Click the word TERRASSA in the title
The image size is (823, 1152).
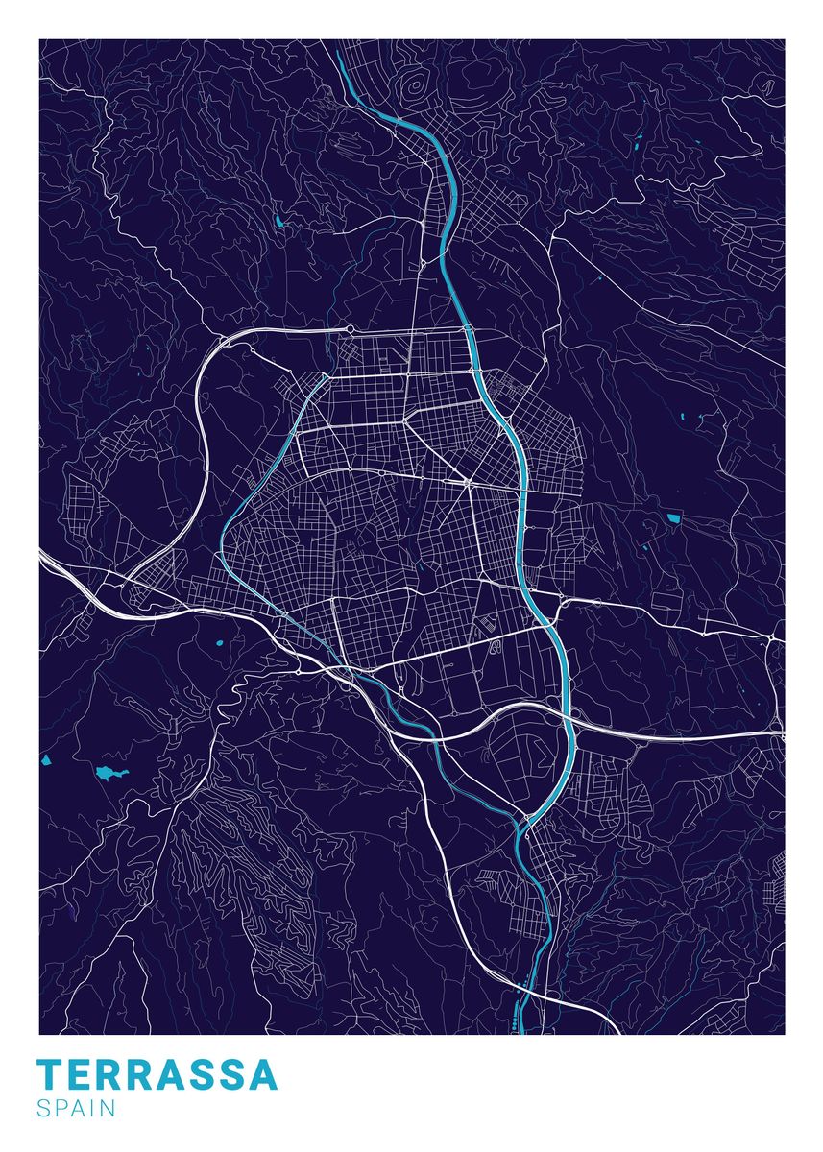[x=157, y=1075]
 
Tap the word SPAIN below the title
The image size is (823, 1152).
[x=77, y=1109]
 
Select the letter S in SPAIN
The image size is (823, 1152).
[x=44, y=1109]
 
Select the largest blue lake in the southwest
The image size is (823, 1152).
[x=106, y=772]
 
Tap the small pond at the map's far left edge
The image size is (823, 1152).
[x=45, y=761]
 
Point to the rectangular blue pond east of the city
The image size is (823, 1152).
[x=673, y=519]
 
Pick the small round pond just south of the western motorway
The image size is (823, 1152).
[x=219, y=642]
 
